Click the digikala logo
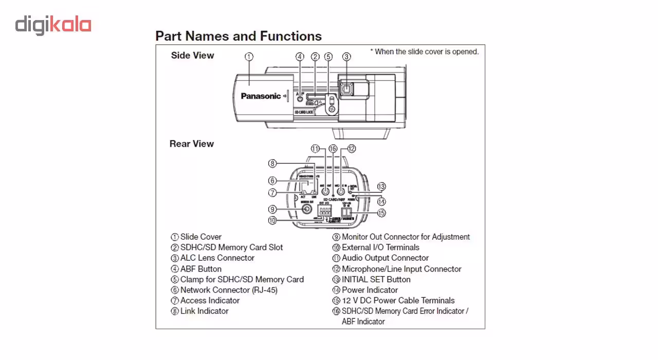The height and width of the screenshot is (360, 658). pos(53,25)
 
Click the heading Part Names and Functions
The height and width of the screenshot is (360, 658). pos(239,36)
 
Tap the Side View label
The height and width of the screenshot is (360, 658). pos(192,56)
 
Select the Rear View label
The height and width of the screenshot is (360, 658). pos(191,144)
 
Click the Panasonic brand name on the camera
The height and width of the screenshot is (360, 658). pos(261,96)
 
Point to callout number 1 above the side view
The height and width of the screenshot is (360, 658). pos(249,57)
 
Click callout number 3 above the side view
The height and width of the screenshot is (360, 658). pos(346,57)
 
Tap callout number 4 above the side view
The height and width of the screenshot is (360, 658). pos(300,57)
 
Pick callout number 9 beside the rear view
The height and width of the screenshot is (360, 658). pos(273,209)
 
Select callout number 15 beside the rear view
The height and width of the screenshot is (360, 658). pos(381,212)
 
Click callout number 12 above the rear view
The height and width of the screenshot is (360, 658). pos(351,149)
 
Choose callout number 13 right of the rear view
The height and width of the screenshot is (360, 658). pos(381,186)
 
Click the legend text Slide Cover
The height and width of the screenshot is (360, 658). pos(200,237)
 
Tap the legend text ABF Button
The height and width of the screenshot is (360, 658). pos(200,269)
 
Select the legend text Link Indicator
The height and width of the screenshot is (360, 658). pos(204,311)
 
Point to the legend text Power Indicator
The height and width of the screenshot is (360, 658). pos(370,290)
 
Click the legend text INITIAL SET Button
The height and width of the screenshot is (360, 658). pos(376,280)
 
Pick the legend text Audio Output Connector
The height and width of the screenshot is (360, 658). pos(385,258)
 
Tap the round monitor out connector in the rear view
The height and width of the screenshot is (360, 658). pos(307,209)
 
